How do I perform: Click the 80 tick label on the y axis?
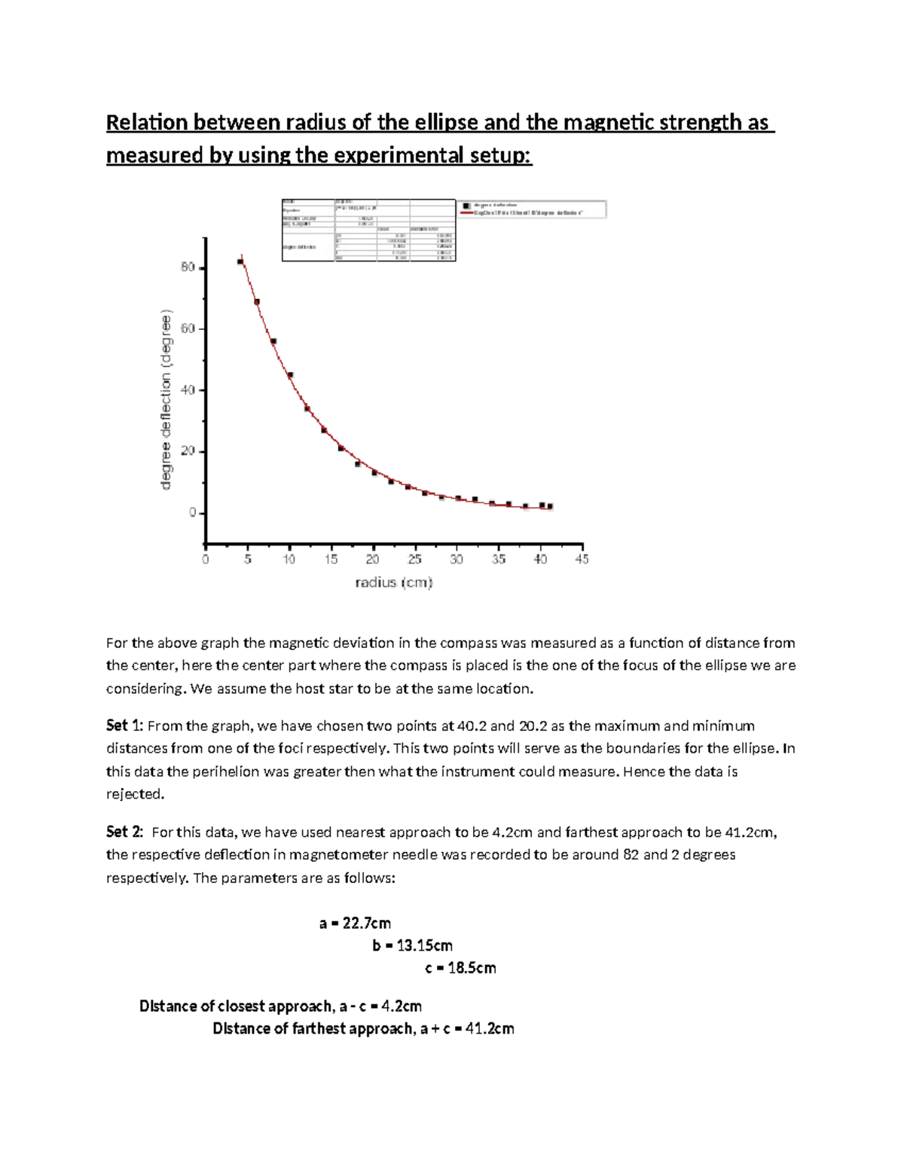(x=188, y=267)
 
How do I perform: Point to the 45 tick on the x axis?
(x=582, y=560)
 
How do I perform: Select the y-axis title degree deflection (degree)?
(x=166, y=401)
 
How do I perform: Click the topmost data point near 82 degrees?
(x=240, y=262)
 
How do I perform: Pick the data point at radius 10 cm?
(x=290, y=375)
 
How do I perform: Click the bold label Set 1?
(x=124, y=726)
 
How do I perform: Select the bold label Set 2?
(x=124, y=832)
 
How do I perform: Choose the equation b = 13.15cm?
(x=412, y=945)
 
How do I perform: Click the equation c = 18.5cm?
(x=460, y=968)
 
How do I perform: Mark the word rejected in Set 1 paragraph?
(x=134, y=794)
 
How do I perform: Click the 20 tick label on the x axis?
(x=373, y=560)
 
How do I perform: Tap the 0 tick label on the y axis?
(x=192, y=513)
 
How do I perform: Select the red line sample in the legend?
(x=472, y=213)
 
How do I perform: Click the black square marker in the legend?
(x=467, y=205)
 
